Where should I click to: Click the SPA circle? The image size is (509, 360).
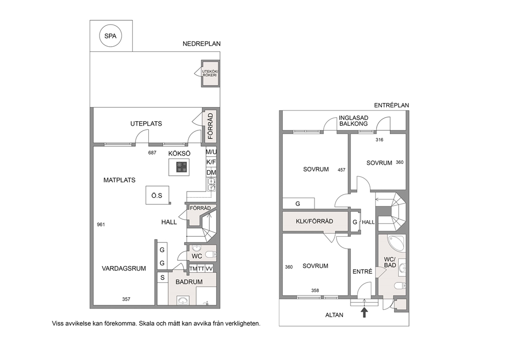pyautogui.click(x=110, y=36)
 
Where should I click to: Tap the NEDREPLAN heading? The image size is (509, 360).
pyautogui.click(x=201, y=44)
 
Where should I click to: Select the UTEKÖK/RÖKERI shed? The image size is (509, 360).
pyautogui.click(x=210, y=73)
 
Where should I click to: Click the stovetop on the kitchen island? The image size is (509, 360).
pyautogui.click(x=182, y=167)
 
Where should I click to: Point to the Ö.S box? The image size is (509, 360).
pyautogui.click(x=158, y=195)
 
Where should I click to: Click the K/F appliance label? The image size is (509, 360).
pyautogui.click(x=211, y=162)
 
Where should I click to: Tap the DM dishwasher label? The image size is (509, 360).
pyautogui.click(x=211, y=173)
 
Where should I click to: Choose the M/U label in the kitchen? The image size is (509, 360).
pyautogui.click(x=211, y=151)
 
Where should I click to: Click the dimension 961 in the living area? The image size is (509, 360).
pyautogui.click(x=101, y=224)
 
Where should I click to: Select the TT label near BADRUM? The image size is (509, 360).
pyautogui.click(x=201, y=269)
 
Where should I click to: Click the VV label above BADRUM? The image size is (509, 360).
pyautogui.click(x=209, y=269)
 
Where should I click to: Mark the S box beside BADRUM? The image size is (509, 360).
pyautogui.click(x=163, y=278)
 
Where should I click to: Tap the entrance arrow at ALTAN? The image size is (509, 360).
pyautogui.click(x=364, y=313)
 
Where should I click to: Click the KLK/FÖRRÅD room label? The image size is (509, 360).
pyautogui.click(x=314, y=221)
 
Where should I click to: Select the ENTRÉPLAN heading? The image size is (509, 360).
pyautogui.click(x=391, y=105)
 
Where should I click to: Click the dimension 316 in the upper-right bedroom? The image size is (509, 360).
pyautogui.click(x=379, y=140)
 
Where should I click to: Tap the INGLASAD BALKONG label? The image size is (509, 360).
pyautogui.click(x=354, y=121)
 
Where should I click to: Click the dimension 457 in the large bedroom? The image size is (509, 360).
pyautogui.click(x=342, y=169)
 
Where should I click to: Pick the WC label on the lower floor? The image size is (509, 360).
pyautogui.click(x=197, y=256)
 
